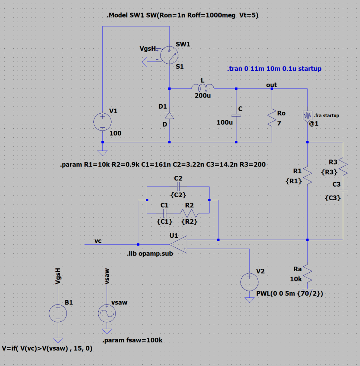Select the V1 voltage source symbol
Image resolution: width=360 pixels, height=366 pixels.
pos(102,122)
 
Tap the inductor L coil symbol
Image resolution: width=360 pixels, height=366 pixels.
pos(203,87)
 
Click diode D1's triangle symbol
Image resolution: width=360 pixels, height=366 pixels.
pos(169,115)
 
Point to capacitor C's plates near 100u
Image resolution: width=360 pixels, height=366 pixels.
pos(236,115)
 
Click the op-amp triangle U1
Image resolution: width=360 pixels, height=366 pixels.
pos(179,245)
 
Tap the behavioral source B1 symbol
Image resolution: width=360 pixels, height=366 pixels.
pos(58,313)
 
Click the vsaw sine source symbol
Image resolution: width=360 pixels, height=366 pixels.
pos(107,313)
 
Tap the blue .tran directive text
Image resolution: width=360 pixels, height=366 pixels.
pos(274,69)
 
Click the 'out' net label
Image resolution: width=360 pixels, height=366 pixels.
pos(271,85)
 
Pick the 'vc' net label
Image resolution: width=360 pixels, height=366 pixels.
pos(98,241)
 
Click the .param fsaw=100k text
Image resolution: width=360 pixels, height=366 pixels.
pos(132,340)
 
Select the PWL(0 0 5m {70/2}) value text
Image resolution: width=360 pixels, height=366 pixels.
pos(290,294)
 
